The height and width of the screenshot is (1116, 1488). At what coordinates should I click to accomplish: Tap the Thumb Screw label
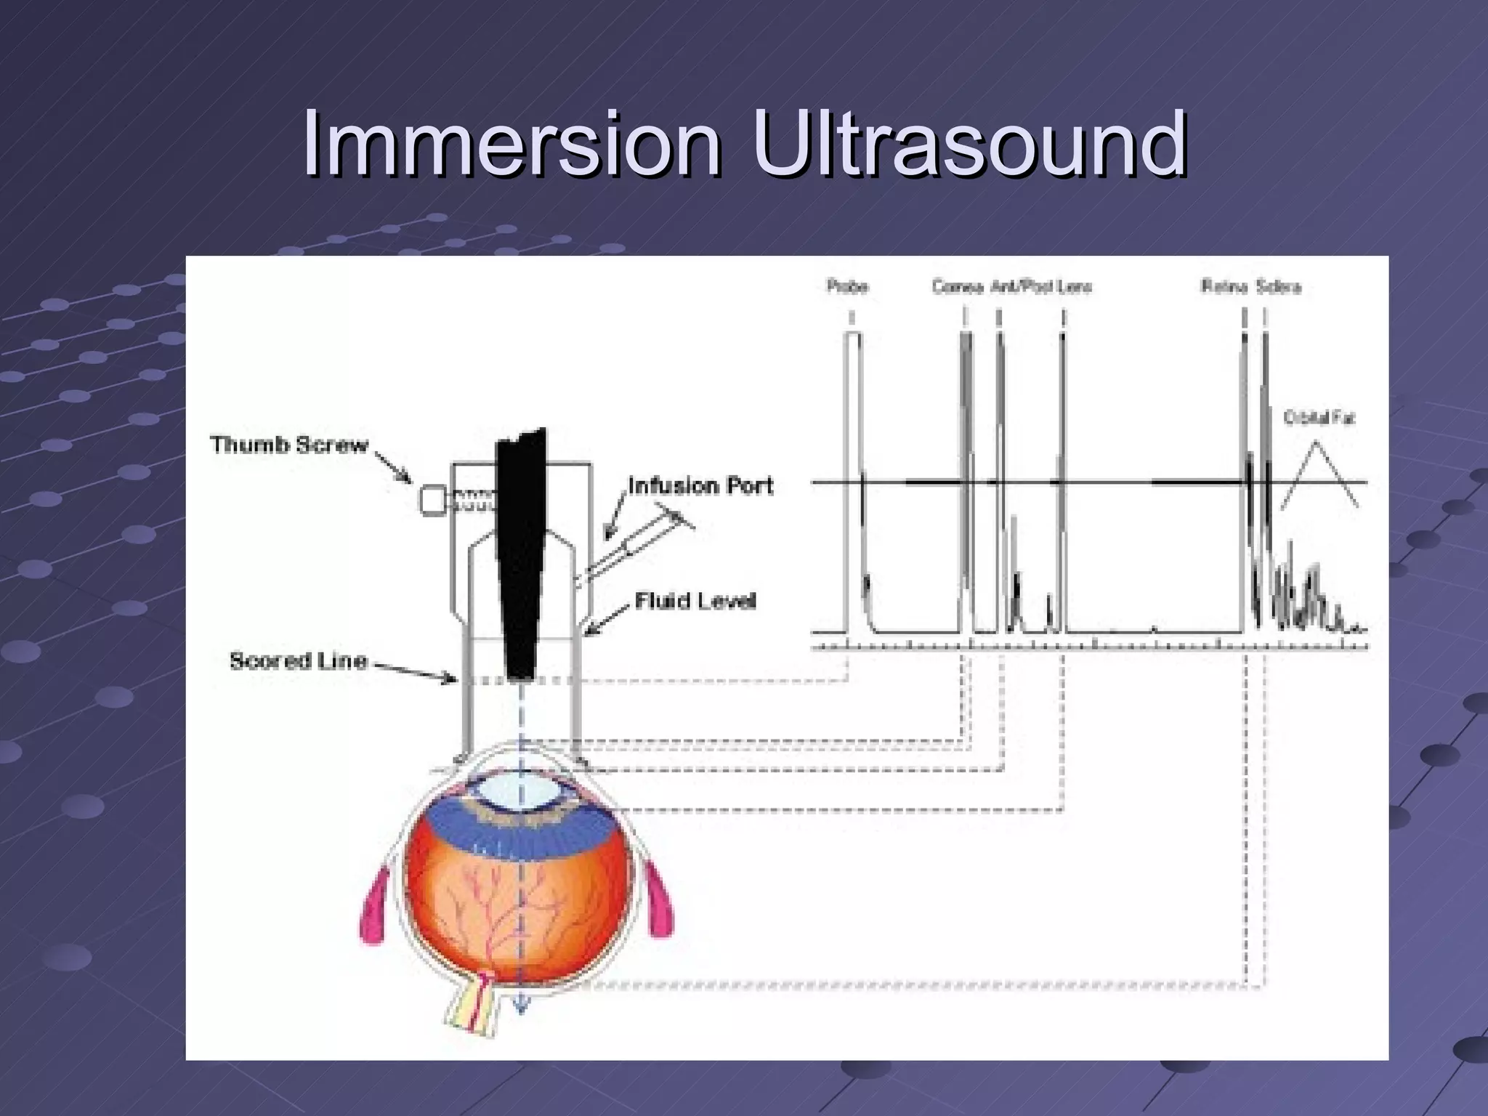coord(289,445)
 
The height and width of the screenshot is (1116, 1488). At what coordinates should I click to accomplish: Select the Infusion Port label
coord(700,485)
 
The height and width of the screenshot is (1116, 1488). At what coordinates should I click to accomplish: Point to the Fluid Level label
coord(695,601)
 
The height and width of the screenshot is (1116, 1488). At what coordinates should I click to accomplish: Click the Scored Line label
coord(299,660)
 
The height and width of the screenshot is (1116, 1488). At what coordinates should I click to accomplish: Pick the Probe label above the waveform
coord(847,286)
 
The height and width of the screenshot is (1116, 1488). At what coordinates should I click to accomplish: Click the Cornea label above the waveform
coord(958,287)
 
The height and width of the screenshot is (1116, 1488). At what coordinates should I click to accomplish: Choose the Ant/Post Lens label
coord(1040,287)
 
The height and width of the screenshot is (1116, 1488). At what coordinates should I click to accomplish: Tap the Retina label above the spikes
coord(1224,287)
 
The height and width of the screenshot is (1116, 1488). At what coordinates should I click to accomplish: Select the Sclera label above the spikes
coord(1278,287)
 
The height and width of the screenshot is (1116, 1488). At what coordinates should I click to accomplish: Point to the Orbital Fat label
coord(1319,418)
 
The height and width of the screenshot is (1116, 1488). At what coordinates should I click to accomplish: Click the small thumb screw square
coord(433,501)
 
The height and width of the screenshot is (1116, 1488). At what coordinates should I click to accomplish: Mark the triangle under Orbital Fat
coord(1318,476)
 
